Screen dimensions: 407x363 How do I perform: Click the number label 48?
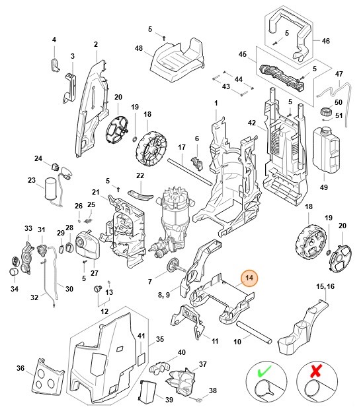pos(140,49)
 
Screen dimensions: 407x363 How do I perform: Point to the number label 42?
pos(251,123)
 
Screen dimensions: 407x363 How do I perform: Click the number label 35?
pos(159,340)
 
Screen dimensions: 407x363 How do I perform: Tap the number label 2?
pos(95,44)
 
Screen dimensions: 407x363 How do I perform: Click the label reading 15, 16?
pos(325,287)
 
